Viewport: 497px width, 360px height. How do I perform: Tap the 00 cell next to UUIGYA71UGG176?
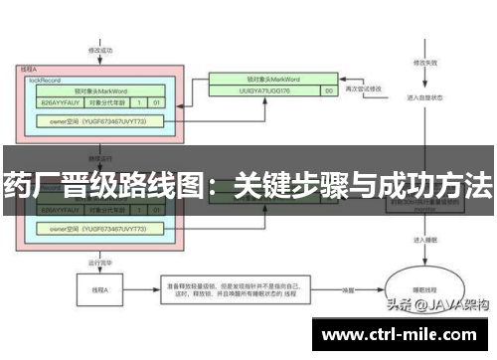click(329, 90)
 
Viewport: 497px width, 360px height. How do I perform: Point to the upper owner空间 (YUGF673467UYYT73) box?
click(98, 120)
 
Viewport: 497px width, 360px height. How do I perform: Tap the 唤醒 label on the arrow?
click(348, 290)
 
